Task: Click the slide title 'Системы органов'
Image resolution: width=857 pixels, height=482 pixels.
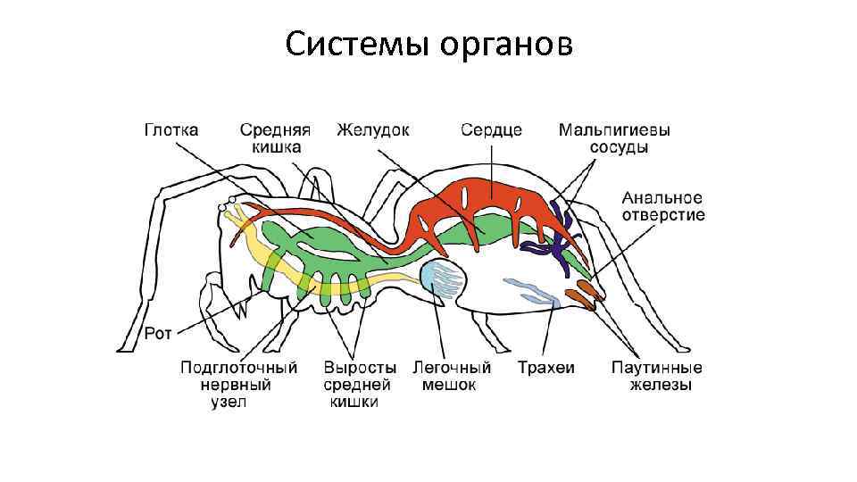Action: tap(429, 44)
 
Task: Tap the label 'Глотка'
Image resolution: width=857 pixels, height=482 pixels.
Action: tap(171, 130)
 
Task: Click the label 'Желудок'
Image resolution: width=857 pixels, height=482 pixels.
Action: tap(373, 130)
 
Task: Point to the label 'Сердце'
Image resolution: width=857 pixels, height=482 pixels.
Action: tap(491, 130)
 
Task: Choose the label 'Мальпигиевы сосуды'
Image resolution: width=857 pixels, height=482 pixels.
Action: tap(614, 138)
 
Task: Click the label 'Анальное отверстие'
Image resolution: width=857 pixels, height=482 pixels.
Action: tap(663, 206)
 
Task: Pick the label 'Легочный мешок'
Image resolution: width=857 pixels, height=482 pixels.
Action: tap(452, 376)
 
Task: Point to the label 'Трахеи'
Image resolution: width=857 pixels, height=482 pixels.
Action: tap(545, 367)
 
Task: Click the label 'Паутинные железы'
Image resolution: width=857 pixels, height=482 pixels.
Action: tap(656, 376)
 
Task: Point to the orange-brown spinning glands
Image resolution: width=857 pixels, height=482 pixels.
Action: tap(581, 295)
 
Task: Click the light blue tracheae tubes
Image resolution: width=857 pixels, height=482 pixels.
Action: tap(533, 291)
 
